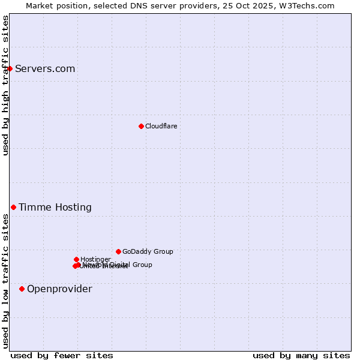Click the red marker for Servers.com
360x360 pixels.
10,68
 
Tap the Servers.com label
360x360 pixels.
45,68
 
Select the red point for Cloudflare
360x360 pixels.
141,126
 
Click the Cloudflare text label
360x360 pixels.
161,126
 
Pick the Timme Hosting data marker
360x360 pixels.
13,207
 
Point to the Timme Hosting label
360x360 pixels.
55,208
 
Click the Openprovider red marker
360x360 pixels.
22,289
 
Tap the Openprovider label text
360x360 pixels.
59,289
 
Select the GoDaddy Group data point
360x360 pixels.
118,251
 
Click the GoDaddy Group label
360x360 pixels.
148,251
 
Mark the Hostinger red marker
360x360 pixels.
76,259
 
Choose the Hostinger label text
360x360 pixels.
95,259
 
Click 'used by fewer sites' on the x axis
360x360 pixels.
62,355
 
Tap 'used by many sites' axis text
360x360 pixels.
301,355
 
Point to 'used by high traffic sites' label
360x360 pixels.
6,85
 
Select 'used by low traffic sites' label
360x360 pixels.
6,281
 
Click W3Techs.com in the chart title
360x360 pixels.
309,5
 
